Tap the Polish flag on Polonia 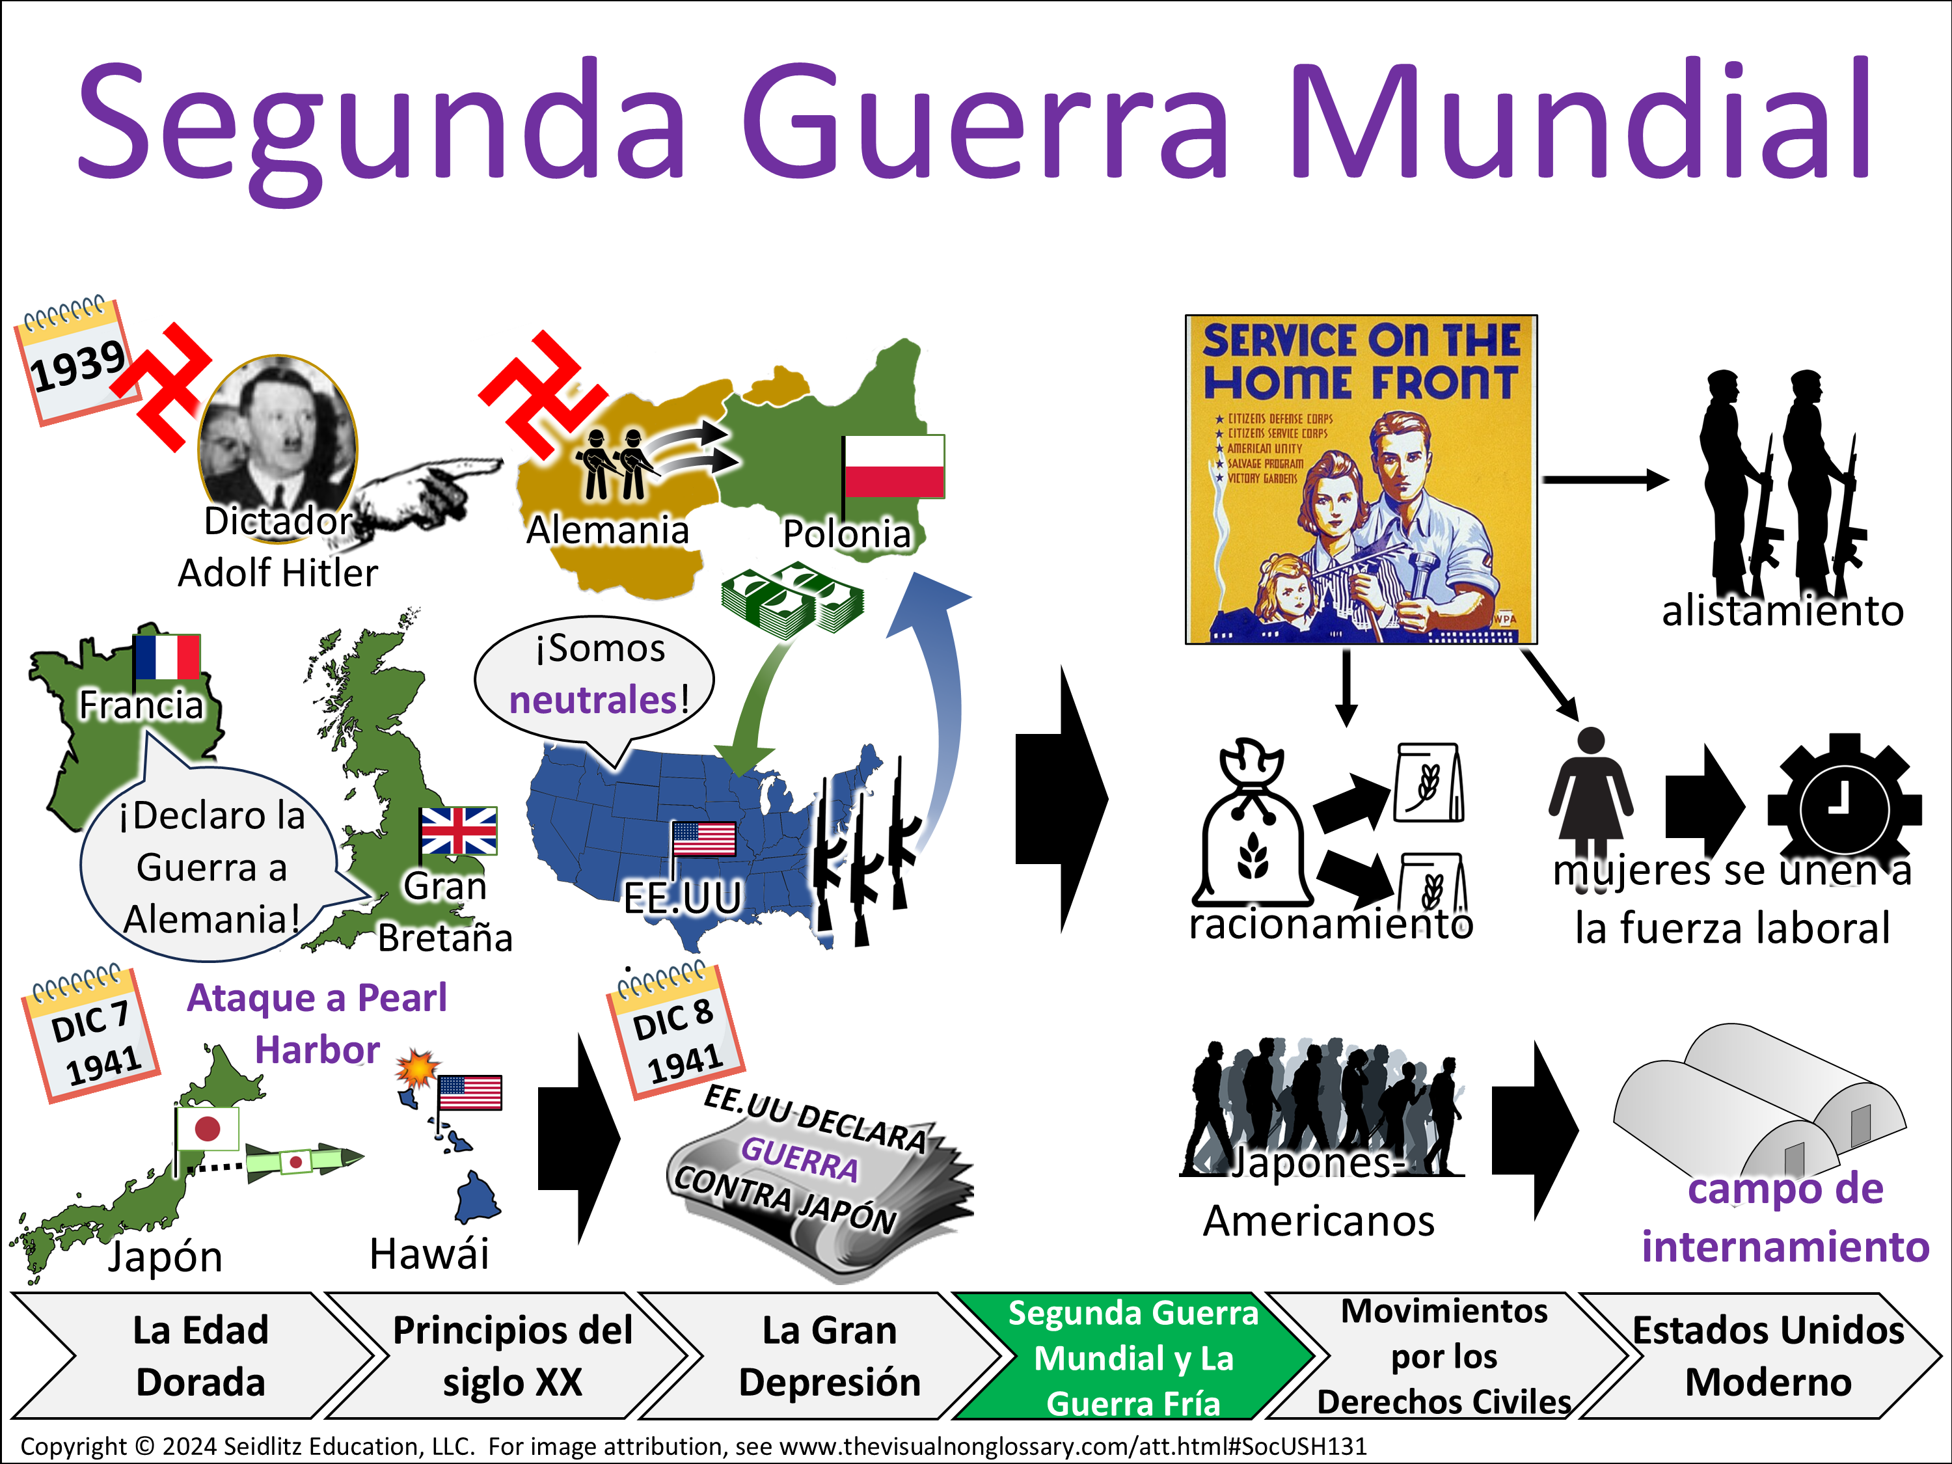[x=893, y=466]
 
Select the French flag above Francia [x=167, y=657]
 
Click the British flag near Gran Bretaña [x=458, y=830]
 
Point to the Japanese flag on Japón [x=206, y=1128]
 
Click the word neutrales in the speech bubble [x=592, y=701]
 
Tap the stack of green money [x=792, y=600]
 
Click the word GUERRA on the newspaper [x=798, y=1159]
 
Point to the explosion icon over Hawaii [x=416, y=1068]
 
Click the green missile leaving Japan [x=303, y=1160]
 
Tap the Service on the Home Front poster [x=1360, y=479]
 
